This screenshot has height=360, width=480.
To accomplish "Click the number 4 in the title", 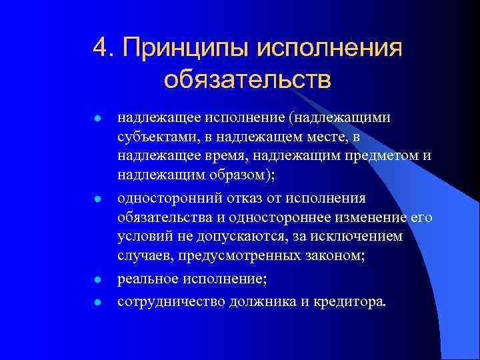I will tap(101, 49).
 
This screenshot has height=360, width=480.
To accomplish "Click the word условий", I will tap(144, 238).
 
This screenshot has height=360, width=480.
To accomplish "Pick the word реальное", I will tap(147, 281).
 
